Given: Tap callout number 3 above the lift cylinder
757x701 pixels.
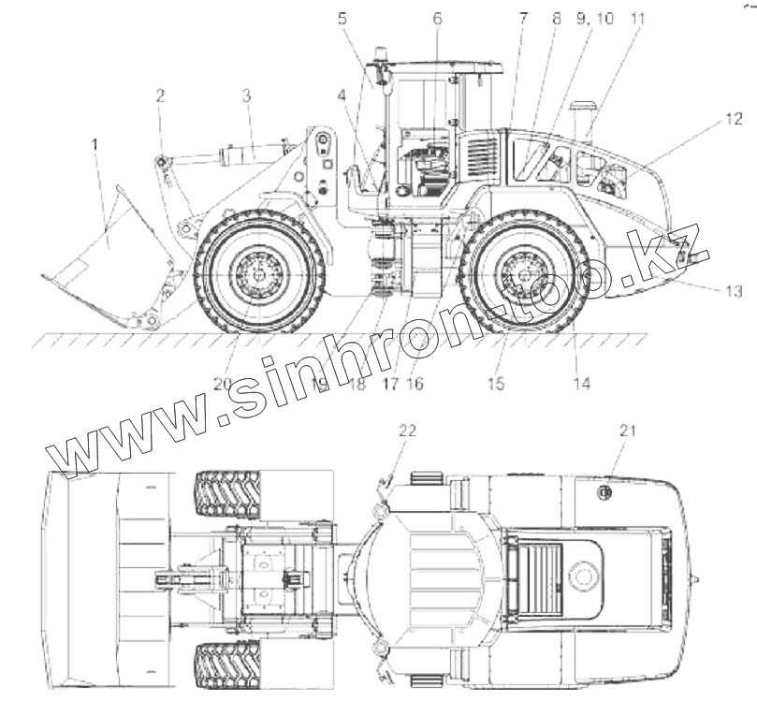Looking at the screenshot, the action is tap(247, 95).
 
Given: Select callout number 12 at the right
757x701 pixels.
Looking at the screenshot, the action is tap(733, 120).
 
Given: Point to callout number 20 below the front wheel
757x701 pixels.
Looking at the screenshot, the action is tap(222, 383).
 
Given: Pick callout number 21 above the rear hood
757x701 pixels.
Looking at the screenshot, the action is tap(626, 430).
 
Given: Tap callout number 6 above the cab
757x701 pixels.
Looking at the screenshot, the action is tap(437, 19).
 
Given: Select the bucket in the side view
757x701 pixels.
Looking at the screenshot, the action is tap(108, 253).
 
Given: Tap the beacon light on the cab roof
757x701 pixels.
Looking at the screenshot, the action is tap(380, 55).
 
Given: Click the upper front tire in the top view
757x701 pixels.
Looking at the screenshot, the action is tap(228, 493).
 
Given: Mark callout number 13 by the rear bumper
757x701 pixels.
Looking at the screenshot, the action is tap(733, 292).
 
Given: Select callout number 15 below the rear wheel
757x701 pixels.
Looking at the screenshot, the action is tap(496, 383).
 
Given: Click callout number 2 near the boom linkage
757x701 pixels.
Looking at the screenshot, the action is tap(161, 95).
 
